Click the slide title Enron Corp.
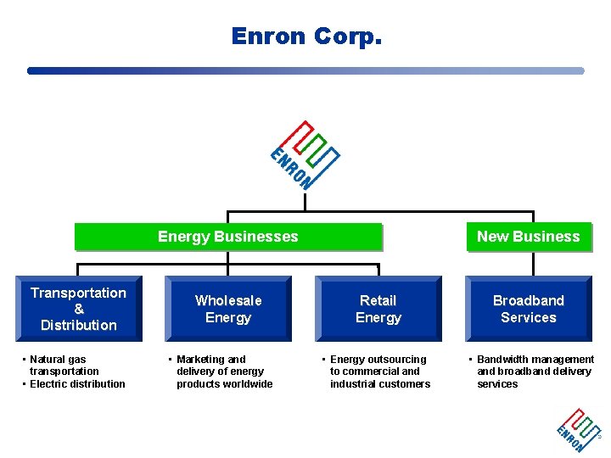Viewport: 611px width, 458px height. click(x=306, y=36)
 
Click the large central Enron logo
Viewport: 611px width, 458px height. click(x=305, y=154)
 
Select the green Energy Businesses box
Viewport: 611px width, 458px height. click(x=228, y=237)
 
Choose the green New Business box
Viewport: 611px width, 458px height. click(x=528, y=237)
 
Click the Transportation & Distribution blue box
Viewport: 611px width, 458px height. click(x=78, y=309)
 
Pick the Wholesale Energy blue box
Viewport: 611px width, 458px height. click(x=228, y=309)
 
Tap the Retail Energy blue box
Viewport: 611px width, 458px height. click(x=378, y=309)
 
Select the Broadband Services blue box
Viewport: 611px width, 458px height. click(x=528, y=309)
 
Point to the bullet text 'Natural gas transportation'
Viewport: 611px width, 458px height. click(x=63, y=366)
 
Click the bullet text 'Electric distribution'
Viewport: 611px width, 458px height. click(x=77, y=384)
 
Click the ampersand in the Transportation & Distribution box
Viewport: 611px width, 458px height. click(x=78, y=309)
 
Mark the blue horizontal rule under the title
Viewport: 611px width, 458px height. click(x=305, y=71)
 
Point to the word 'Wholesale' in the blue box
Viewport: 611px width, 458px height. click(x=228, y=300)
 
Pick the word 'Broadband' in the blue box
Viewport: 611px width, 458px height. click(x=528, y=300)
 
